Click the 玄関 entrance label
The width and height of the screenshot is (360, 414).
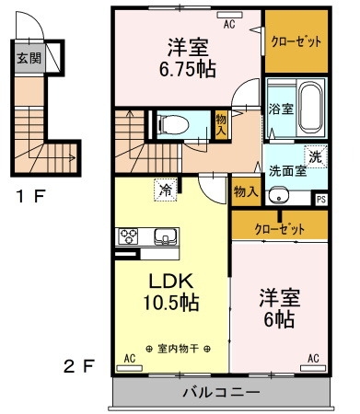click(x=29, y=58)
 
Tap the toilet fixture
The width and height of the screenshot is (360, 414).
click(x=172, y=125)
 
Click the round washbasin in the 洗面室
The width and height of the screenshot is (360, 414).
click(x=279, y=195)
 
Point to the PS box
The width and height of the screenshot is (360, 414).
click(x=321, y=200)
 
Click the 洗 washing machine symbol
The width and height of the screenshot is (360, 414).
click(x=315, y=157)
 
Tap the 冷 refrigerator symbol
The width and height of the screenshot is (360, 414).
click(x=166, y=190)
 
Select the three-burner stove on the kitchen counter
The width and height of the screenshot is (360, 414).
click(x=129, y=236)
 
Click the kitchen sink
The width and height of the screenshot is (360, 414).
click(x=166, y=236)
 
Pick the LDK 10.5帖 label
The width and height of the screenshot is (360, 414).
click(x=171, y=292)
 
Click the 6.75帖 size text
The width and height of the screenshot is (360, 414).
click(x=188, y=70)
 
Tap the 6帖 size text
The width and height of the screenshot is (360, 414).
click(x=279, y=319)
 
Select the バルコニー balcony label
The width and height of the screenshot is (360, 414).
click(x=222, y=392)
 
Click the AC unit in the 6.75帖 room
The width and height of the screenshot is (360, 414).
click(x=229, y=15)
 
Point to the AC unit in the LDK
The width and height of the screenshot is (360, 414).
click(x=129, y=368)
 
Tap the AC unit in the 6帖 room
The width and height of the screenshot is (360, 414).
click(x=313, y=368)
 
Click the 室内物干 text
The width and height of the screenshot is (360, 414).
click(x=178, y=349)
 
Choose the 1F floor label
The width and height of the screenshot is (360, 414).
click(x=30, y=196)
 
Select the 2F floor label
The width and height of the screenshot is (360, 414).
click(x=78, y=366)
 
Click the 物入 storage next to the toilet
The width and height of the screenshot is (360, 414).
click(x=221, y=125)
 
